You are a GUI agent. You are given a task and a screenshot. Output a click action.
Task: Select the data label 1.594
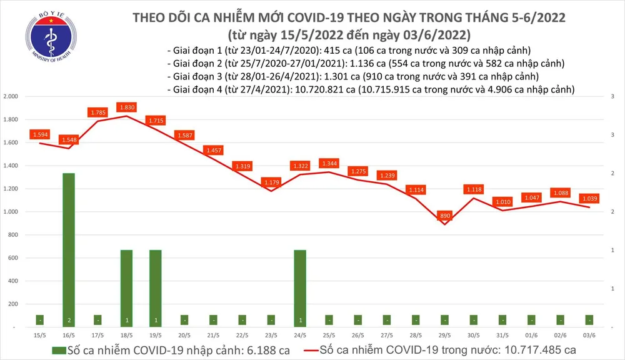click(40, 134)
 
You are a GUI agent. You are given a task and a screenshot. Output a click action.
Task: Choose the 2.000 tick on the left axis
click(10, 97)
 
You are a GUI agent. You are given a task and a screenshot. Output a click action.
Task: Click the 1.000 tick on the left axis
click(10, 212)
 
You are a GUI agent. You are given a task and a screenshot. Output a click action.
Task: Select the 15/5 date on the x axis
click(40, 336)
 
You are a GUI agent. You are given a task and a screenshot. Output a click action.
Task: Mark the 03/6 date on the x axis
click(589, 336)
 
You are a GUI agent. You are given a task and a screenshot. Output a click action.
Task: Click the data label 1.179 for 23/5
click(273, 182)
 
